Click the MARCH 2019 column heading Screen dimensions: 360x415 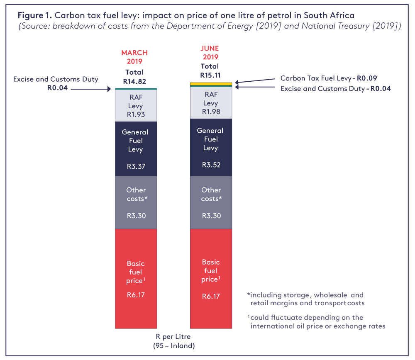point(134,57)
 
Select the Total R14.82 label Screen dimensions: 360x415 point(134,77)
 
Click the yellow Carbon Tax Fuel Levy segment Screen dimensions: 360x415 point(211,84)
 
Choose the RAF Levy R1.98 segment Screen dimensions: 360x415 point(211,103)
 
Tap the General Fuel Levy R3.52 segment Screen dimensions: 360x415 point(211,147)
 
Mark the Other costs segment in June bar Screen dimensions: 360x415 point(211,202)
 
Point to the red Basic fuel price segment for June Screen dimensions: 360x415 point(211,278)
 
